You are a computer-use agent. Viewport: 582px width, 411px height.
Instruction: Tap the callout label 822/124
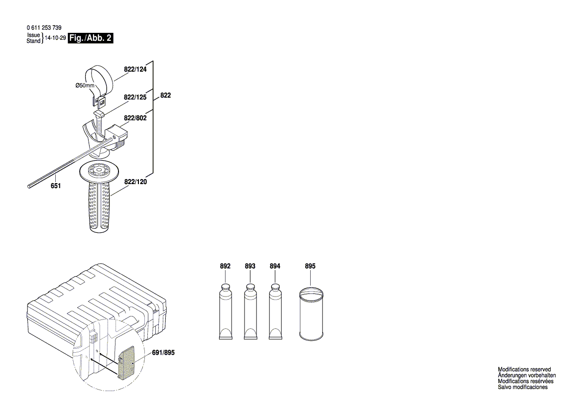click(135, 70)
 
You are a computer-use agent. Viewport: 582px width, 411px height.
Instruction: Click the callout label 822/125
click(135, 98)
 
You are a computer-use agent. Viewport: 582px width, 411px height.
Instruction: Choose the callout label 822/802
click(135, 118)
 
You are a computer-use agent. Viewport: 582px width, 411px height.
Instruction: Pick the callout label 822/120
click(135, 183)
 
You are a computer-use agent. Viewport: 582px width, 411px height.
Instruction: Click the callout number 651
click(56, 186)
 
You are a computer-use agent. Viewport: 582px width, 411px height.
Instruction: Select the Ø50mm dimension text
click(85, 86)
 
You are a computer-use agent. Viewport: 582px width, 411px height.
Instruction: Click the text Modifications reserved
click(524, 370)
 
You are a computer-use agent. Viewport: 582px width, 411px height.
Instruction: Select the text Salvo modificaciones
click(523, 387)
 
